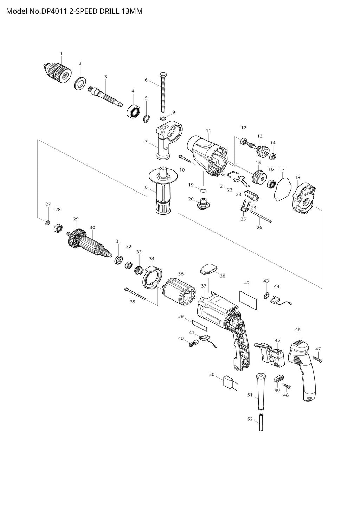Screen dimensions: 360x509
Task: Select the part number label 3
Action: (105, 77)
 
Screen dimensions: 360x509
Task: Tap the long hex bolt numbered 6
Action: (163, 92)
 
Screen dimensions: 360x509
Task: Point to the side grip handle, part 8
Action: (161, 189)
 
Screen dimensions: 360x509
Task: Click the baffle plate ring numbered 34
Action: (152, 278)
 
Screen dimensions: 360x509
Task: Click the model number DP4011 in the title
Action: (53, 11)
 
